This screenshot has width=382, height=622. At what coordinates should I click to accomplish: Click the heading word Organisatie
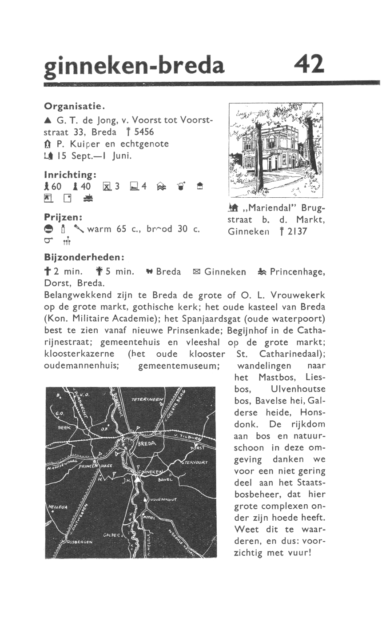tap(74, 107)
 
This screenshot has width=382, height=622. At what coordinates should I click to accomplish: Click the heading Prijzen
tap(65, 218)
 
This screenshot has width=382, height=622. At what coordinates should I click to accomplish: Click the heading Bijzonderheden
tap(84, 258)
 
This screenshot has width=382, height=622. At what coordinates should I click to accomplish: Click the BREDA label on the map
tap(147, 444)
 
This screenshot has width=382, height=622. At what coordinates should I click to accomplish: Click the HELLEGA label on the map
tap(56, 507)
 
